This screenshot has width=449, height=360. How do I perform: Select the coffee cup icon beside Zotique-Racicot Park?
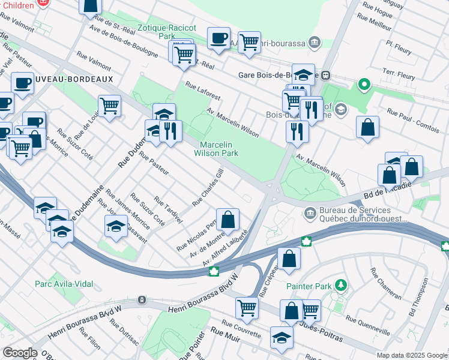point(218,38)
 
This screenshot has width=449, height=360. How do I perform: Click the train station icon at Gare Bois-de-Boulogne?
point(325,76)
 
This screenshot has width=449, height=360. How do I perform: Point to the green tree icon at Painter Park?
point(341,283)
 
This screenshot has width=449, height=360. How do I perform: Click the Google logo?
point(20,353)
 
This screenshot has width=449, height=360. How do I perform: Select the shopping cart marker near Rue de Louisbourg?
point(109,106)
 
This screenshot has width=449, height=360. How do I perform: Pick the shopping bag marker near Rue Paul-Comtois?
point(367,127)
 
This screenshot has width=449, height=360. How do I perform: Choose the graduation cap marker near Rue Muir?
point(282,337)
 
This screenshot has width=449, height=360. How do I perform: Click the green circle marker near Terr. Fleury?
point(363,85)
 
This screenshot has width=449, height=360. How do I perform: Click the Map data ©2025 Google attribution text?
point(411,355)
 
